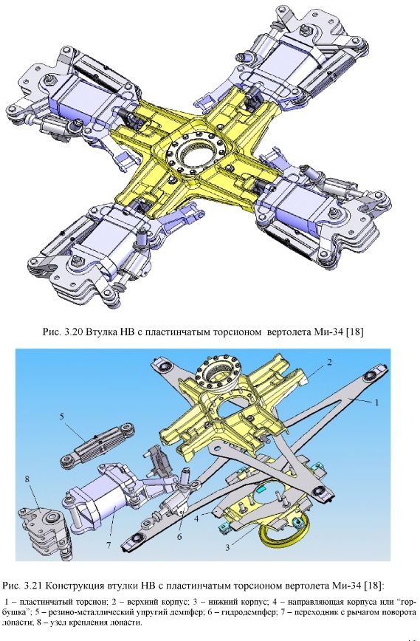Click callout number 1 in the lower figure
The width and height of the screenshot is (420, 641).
[x=376, y=402]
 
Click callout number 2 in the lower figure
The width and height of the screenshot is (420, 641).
[x=329, y=362]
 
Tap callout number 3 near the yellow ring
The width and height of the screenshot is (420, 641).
[x=227, y=548]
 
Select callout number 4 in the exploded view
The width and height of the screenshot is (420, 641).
[x=196, y=518]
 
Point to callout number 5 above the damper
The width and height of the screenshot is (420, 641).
[x=62, y=417]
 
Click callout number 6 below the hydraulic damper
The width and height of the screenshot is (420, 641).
[x=179, y=537]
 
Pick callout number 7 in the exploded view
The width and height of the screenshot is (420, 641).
[x=109, y=545]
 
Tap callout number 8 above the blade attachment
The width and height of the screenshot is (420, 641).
[x=27, y=479]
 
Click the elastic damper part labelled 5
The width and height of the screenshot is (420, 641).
[x=97, y=445]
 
